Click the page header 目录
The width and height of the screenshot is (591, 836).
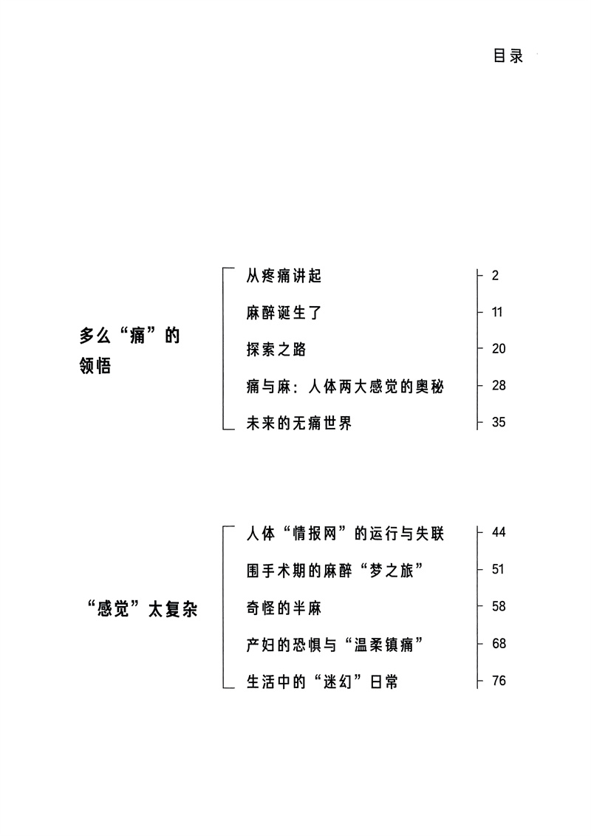[x=508, y=57]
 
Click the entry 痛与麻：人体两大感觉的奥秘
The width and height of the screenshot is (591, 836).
[x=344, y=386]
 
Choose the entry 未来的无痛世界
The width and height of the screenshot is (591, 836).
[x=298, y=423]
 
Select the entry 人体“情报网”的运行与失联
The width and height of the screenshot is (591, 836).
[x=344, y=534]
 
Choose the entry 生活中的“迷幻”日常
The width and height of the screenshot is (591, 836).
[x=322, y=682]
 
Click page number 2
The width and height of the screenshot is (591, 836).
[x=495, y=276]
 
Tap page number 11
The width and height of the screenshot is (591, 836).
[x=496, y=313]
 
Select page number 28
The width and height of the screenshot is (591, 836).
[x=498, y=386]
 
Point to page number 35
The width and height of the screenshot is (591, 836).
[x=498, y=423]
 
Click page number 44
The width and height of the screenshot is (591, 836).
[x=498, y=533]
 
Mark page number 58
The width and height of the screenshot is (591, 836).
[x=498, y=607]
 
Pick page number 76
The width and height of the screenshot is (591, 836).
[x=498, y=681]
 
